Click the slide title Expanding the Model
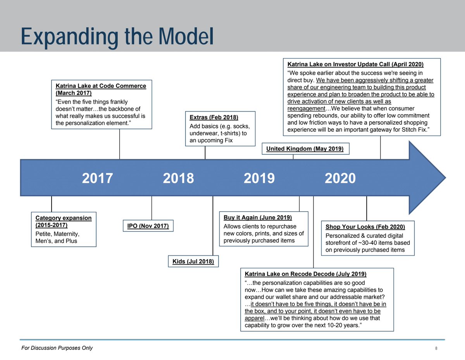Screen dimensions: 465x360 [x=117, y=37]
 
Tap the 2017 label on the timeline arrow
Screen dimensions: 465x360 [x=97, y=178]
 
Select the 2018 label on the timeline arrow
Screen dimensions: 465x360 [x=178, y=178]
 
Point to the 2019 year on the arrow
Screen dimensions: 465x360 [x=259, y=178]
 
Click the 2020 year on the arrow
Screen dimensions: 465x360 [x=340, y=178]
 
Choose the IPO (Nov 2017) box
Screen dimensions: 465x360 [x=148, y=226]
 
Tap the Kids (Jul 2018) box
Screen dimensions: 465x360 [x=193, y=261]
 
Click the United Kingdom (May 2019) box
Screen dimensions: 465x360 [x=306, y=149]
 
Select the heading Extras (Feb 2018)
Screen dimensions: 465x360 [x=214, y=117]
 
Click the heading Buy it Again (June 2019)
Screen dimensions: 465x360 [x=258, y=217]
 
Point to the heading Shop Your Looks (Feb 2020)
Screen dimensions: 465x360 [x=365, y=227]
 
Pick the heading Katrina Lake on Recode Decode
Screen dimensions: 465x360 [x=306, y=274]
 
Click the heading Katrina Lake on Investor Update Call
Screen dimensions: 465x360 [x=355, y=64]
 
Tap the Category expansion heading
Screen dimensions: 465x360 [x=64, y=221]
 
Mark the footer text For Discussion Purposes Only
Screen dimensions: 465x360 [x=57, y=348]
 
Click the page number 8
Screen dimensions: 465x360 [x=436, y=348]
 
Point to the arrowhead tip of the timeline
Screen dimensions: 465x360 [x=446, y=177]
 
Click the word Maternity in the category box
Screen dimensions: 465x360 [x=67, y=234]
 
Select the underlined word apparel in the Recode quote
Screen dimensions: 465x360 [x=255, y=318]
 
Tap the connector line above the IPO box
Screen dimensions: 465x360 [x=152, y=208]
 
